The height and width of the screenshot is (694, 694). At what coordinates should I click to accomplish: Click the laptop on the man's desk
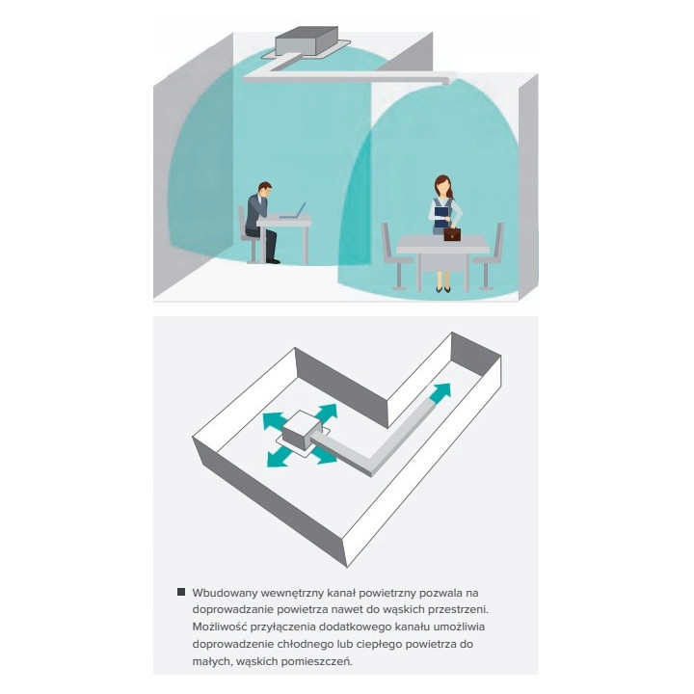[x=293, y=211]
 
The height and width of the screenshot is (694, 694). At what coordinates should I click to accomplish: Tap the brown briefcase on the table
[x=452, y=233]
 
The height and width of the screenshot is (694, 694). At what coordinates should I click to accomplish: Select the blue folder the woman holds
[x=441, y=217]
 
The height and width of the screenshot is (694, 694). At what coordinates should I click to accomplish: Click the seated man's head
[x=265, y=190]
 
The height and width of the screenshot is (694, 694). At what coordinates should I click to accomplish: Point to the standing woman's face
[x=442, y=188]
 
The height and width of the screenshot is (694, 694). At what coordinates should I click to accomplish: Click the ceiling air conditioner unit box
[x=307, y=40]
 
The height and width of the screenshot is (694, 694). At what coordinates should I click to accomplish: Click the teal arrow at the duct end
[x=440, y=393]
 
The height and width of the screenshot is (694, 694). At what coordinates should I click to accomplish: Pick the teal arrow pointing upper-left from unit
[x=273, y=420]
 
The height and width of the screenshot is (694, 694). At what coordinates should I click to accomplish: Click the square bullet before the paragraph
[x=181, y=592]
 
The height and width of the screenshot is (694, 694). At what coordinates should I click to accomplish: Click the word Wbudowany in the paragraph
[x=225, y=593]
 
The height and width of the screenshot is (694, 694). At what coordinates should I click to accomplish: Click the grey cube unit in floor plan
[x=301, y=430]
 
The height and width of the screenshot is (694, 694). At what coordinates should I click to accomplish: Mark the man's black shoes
[x=273, y=261]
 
